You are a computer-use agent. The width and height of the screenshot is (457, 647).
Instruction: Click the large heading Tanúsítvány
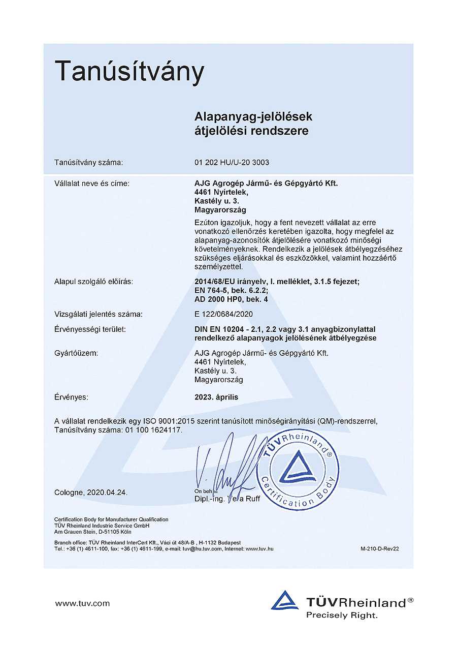[129, 72]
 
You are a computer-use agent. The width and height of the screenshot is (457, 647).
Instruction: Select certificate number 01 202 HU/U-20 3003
[232, 163]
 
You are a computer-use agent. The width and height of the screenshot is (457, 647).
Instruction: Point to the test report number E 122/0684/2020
[223, 314]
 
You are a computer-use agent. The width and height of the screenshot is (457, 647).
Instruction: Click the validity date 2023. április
[216, 397]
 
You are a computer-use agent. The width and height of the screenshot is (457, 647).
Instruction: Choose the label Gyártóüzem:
[76, 353]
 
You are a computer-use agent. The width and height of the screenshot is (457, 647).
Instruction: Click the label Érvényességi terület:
[90, 329]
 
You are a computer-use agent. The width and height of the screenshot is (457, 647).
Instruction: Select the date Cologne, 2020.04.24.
[91, 492]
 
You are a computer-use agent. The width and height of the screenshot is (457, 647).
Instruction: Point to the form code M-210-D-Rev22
[380, 549]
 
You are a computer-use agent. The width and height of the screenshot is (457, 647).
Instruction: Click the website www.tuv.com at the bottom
[82, 603]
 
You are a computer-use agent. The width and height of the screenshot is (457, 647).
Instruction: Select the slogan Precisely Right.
[342, 615]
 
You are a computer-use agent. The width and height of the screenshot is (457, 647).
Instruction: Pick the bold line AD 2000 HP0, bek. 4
[232, 299]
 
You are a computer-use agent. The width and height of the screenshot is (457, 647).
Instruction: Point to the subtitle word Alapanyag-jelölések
[253, 117]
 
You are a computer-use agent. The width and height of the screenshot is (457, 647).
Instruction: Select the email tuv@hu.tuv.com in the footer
[203, 549]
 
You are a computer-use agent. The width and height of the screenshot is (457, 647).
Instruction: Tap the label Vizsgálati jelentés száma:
[99, 314]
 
